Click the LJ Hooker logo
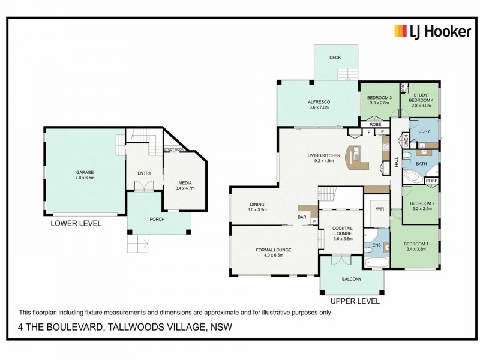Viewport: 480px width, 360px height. click(x=432, y=31)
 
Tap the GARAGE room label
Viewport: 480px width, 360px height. click(x=85, y=171)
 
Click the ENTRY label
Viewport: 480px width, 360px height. click(x=144, y=173)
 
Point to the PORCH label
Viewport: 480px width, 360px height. click(x=157, y=218)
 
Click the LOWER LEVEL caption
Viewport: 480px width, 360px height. click(x=76, y=223)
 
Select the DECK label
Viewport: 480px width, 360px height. click(x=335, y=58)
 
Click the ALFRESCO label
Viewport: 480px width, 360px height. click(x=319, y=102)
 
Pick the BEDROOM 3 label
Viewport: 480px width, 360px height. click(x=379, y=98)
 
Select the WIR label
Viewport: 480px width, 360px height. click(x=379, y=209)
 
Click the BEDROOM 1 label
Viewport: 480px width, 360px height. click(x=415, y=244)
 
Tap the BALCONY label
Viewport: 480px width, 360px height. click(x=352, y=280)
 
